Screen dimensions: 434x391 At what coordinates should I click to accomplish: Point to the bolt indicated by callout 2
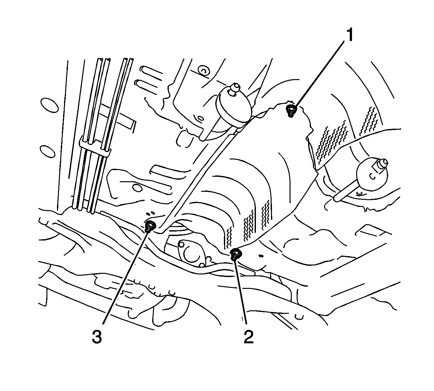(236, 254)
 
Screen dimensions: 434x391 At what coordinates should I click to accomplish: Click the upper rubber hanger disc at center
(234, 107)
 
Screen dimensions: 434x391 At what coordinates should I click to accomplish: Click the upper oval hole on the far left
(49, 105)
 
